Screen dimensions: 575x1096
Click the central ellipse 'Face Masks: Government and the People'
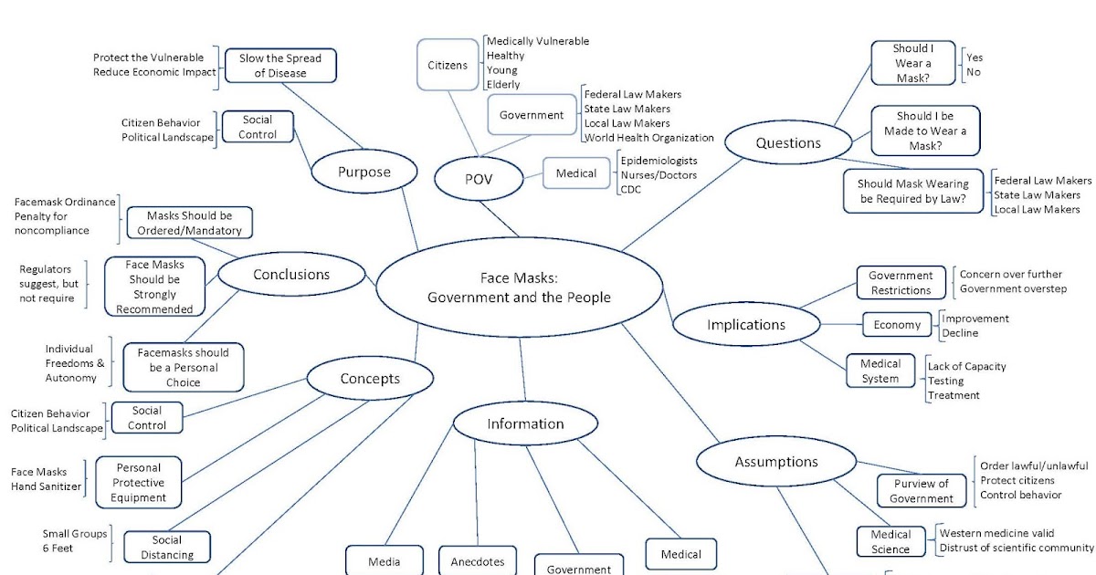pyautogui.click(x=520, y=288)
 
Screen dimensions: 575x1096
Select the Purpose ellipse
pyautogui.click(x=364, y=172)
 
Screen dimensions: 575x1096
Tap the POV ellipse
pyautogui.click(x=478, y=179)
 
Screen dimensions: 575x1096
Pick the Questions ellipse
pyautogui.click(x=787, y=142)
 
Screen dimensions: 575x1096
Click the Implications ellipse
pyautogui.click(x=745, y=325)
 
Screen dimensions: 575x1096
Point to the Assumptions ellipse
pyautogui.click(x=776, y=462)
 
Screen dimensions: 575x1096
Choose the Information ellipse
pyautogui.click(x=525, y=423)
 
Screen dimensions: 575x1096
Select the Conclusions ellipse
pyautogui.click(x=291, y=274)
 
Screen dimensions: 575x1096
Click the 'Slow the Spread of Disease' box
pyautogui.click(x=280, y=66)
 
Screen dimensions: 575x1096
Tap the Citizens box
pyautogui.click(x=448, y=65)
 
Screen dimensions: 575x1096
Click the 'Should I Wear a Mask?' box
pyautogui.click(x=912, y=64)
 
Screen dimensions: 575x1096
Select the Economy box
pyautogui.click(x=897, y=325)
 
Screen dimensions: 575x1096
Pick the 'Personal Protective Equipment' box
pyautogui.click(x=138, y=483)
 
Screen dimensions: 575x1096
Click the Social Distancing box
pyautogui.click(x=167, y=547)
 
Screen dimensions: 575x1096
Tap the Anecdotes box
pyautogui.click(x=477, y=560)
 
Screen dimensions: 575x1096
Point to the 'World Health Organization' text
pyautogui.click(x=648, y=138)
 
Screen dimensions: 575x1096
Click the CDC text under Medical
pyautogui.click(x=630, y=189)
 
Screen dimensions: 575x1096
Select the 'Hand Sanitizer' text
pyautogui.click(x=46, y=486)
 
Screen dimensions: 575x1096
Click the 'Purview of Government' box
pyautogui.click(x=921, y=491)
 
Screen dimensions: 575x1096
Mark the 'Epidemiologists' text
pyautogui.click(x=659, y=161)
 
